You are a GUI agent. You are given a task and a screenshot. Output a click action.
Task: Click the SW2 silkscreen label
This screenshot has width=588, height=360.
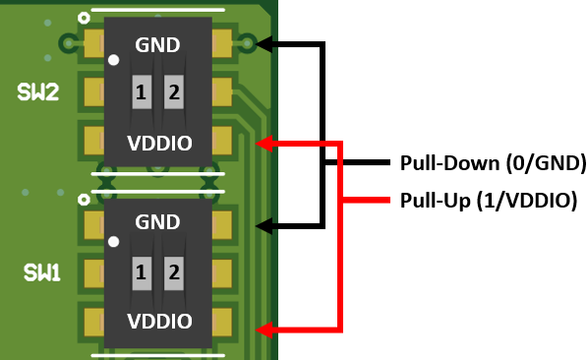point(38,92)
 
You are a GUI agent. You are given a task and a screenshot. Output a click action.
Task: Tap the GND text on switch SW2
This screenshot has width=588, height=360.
point(158,44)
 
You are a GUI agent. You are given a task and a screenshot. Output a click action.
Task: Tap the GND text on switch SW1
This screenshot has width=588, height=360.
point(158,224)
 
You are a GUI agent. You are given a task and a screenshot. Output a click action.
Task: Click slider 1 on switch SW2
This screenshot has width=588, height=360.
point(142,93)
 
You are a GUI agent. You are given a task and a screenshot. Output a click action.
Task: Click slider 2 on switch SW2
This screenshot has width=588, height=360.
point(174,93)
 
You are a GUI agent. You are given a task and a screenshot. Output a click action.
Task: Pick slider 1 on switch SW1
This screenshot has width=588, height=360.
point(142,272)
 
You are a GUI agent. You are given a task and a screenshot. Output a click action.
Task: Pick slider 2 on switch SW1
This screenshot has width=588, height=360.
point(174,272)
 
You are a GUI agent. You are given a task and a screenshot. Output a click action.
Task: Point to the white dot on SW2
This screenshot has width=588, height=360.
point(114,61)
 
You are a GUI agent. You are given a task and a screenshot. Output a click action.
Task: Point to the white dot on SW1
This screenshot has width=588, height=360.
point(114,241)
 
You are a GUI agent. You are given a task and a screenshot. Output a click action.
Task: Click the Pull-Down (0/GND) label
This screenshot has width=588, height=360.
point(492,161)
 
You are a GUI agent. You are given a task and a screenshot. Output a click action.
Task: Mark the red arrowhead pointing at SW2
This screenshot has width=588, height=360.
point(264,144)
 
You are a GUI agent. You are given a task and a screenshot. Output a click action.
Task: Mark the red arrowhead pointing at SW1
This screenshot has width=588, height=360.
point(264,325)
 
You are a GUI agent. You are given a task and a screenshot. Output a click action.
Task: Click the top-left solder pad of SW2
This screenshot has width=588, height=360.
point(94,43)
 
